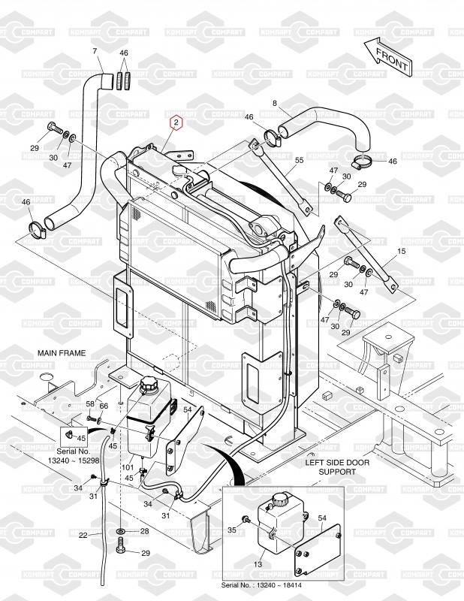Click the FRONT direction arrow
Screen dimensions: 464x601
pyautogui.click(x=387, y=58)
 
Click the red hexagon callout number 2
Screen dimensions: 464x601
pyautogui.click(x=176, y=122)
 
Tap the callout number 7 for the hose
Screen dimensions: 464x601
pyautogui.click(x=95, y=50)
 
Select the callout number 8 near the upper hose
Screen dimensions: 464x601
pyautogui.click(x=274, y=103)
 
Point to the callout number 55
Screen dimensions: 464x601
pyautogui.click(x=300, y=160)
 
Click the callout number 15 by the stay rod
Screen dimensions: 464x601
pyautogui.click(x=401, y=251)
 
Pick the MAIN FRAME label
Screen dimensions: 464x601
pyautogui.click(x=62, y=353)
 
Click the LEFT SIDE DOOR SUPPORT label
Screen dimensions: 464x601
pyautogui.click(x=337, y=467)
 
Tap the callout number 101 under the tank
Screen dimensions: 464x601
pyautogui.click(x=128, y=467)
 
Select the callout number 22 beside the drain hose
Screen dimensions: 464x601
pyautogui.click(x=83, y=535)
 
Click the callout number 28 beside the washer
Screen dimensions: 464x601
pyautogui.click(x=144, y=531)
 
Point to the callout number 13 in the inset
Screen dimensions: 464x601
pyautogui.click(x=258, y=564)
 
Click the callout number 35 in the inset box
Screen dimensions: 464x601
pyautogui.click(x=232, y=530)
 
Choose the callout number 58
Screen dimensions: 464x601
pyautogui.click(x=90, y=403)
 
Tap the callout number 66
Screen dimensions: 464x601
pyautogui.click(x=104, y=406)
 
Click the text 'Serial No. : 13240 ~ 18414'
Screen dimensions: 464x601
pyautogui.click(x=261, y=585)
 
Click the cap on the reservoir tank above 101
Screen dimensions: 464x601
pyautogui.click(x=147, y=385)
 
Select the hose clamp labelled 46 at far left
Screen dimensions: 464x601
pyautogui.click(x=38, y=229)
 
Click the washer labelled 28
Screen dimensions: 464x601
pyautogui.click(x=121, y=531)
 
